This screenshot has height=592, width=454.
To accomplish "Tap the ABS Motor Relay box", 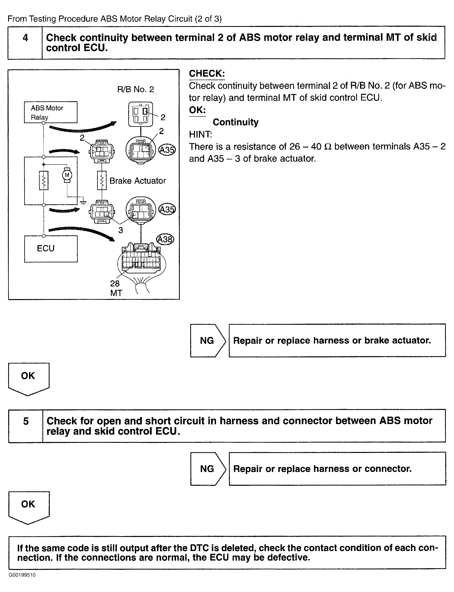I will point(51,112).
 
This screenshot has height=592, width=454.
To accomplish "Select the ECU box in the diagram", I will point(51,249).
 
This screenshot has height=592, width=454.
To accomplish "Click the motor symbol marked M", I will point(67,175).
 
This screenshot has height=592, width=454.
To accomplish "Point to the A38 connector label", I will point(165,239).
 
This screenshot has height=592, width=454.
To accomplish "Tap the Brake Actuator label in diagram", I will point(138,181).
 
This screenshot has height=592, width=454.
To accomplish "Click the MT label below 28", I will point(116,293).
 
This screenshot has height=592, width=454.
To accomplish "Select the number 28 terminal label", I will point(115,283).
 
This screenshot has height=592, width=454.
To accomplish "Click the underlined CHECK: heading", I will point(207,74).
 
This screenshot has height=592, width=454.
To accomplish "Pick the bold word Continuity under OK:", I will point(235,122).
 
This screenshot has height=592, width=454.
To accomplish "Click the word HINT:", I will point(200,134).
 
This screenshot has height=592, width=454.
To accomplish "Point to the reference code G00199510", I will point(22,575).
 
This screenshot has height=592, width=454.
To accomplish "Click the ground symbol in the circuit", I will point(83,201).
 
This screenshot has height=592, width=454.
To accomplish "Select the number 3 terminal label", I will point(120,230).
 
